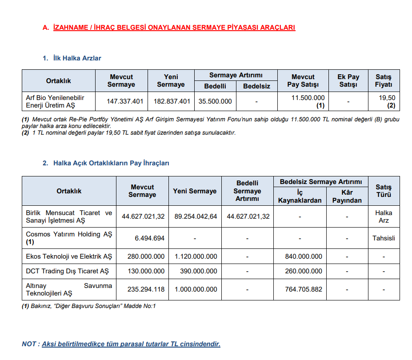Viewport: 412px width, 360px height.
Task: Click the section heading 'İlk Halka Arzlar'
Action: [77, 58]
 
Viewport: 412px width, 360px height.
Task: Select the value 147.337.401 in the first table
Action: [125, 101]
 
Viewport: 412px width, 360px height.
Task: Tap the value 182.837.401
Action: [172, 101]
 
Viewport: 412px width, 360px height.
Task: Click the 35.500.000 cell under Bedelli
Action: [215, 101]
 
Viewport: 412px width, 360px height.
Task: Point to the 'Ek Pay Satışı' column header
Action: [348, 80]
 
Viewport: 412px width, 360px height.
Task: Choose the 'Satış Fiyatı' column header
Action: [383, 80]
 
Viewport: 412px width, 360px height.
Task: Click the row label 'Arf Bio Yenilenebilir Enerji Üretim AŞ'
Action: [55, 101]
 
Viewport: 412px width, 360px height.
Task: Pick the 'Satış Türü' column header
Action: [384, 191]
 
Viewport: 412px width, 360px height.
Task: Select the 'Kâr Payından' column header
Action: [347, 196]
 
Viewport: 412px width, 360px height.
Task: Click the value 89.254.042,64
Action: [196, 216]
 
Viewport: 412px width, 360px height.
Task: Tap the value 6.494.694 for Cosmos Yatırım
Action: [150, 238]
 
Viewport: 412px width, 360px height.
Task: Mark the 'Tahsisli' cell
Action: [384, 238]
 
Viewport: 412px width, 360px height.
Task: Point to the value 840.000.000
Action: [304, 256]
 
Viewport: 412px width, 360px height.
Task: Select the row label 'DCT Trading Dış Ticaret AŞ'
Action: [67, 271]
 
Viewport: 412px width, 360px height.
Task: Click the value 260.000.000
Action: [304, 271]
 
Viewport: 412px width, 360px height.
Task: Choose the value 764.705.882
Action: [304, 289]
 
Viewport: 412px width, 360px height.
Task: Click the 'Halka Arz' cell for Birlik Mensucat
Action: [384, 216]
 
